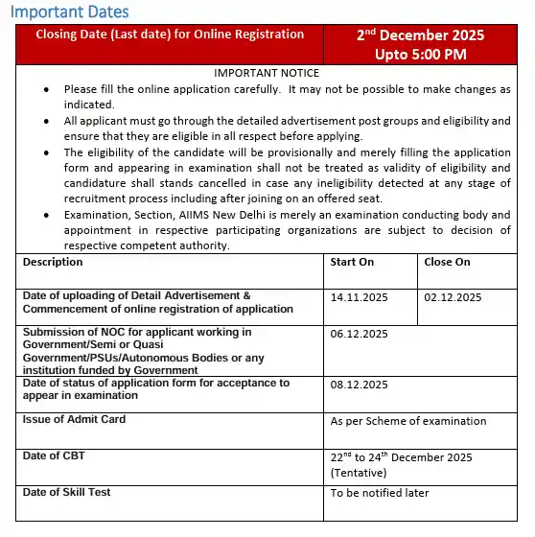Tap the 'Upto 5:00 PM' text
point(421,54)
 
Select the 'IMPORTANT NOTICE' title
point(267,73)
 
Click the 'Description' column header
point(53,262)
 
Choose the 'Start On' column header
point(352,262)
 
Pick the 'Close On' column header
point(447,262)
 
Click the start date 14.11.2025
point(359,297)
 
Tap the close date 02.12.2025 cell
point(453,297)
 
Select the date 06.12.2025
point(359,334)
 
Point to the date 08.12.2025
point(359,385)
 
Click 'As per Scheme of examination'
point(407,421)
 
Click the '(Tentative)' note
point(359,472)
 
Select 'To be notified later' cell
point(380,493)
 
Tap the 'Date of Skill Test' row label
point(66,492)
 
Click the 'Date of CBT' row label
point(54,455)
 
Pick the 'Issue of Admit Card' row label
point(74,419)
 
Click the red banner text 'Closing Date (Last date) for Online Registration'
point(170,35)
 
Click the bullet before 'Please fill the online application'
point(47,89)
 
